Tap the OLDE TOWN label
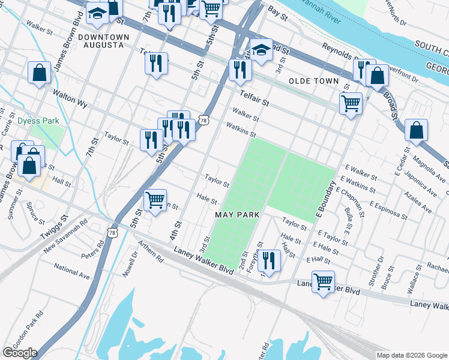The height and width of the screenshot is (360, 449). pyautogui.click(x=313, y=81)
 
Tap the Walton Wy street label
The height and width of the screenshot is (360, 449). pyautogui.click(x=70, y=99)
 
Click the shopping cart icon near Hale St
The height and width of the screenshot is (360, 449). pyautogui.click(x=155, y=200)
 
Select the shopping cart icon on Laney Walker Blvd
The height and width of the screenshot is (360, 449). pyautogui.click(x=323, y=281)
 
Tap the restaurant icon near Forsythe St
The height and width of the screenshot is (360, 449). pyautogui.click(x=269, y=260)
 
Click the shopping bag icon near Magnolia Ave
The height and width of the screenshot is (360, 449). pyautogui.click(x=416, y=130)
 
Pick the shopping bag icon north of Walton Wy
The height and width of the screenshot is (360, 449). pyautogui.click(x=39, y=73)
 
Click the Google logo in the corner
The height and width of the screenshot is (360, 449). pyautogui.click(x=20, y=352)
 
